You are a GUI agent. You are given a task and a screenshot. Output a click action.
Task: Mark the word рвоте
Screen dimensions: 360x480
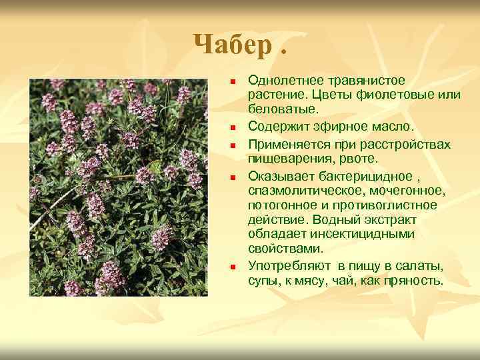click(360, 159)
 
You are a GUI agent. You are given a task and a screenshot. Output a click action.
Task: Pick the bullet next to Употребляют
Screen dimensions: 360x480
click(233, 267)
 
